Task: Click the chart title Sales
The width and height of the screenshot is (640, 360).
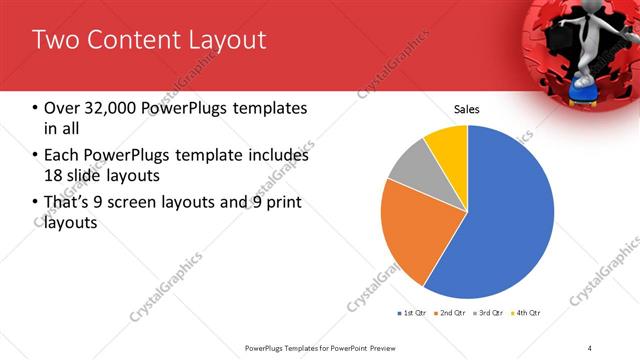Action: pos(467,108)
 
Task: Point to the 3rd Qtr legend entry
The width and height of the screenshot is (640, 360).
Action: pos(489,313)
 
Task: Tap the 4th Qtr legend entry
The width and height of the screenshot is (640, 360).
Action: pos(526,313)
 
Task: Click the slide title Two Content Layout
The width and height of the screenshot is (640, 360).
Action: pos(149,40)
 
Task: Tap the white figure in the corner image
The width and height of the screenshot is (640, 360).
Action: pos(585,45)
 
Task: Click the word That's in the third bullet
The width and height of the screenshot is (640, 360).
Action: pos(69,203)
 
